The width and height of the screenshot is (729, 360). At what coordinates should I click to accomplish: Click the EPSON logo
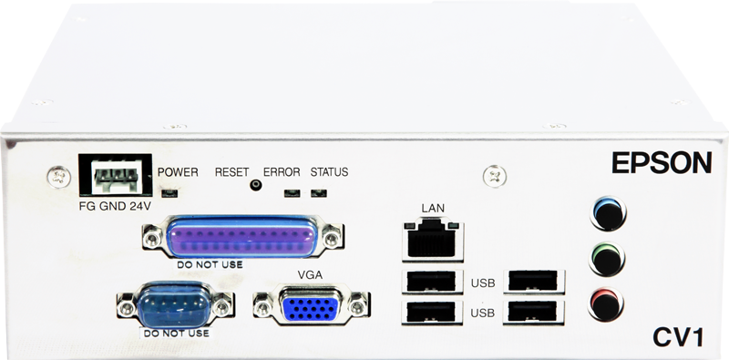[x=662, y=164]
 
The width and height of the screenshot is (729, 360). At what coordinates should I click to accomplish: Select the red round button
[x=607, y=301]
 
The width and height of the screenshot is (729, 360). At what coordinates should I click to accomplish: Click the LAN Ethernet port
[x=432, y=238]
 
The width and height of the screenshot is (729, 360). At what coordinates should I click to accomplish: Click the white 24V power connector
[x=112, y=171]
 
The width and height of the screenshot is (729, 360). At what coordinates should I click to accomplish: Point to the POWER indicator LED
[x=169, y=193]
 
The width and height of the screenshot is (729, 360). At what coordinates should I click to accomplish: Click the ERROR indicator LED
[x=291, y=193]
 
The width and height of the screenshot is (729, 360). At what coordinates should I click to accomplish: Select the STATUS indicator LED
[x=318, y=193]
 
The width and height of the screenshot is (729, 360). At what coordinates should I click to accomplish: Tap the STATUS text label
[x=329, y=172]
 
